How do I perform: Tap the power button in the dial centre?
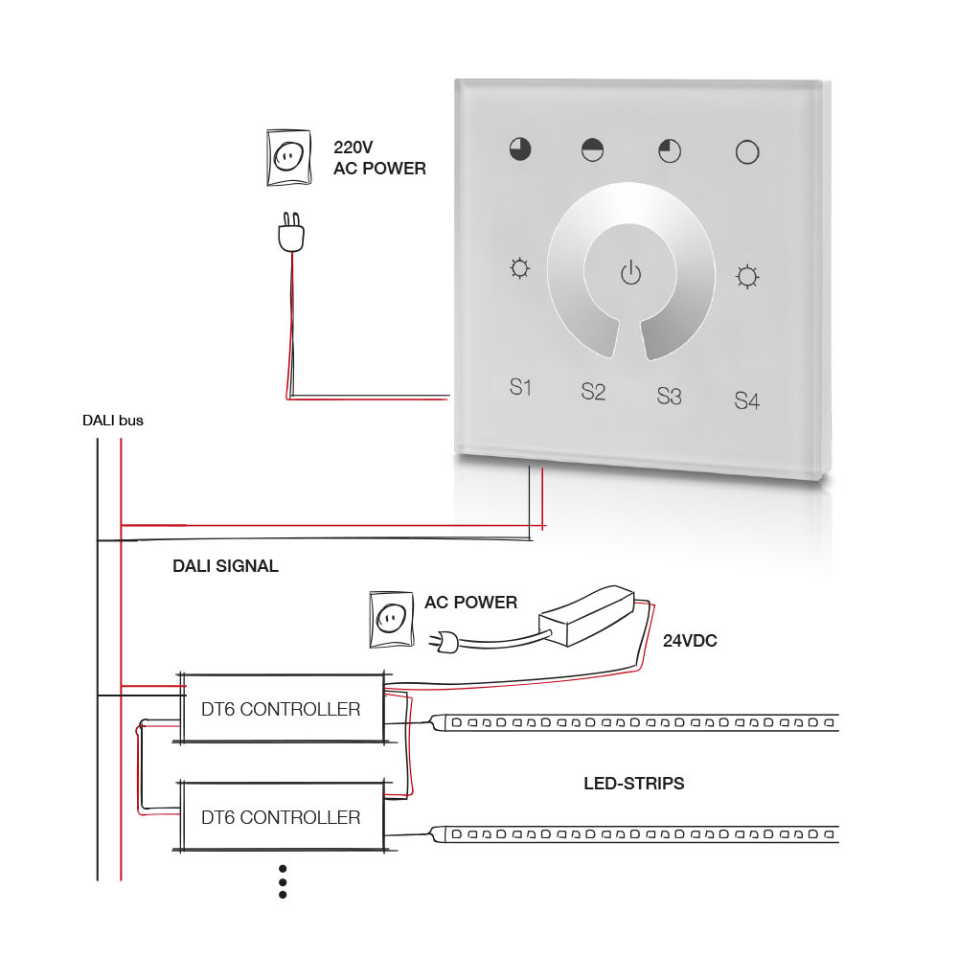click(x=629, y=273)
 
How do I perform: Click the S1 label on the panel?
click(x=520, y=388)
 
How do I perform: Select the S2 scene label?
click(x=593, y=392)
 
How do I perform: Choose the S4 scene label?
click(x=746, y=400)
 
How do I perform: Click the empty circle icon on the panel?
click(x=746, y=151)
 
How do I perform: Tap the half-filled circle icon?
click(x=593, y=148)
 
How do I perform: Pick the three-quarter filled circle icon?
click(x=520, y=148)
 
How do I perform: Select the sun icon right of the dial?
click(x=746, y=277)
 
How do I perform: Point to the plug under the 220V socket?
click(x=289, y=234)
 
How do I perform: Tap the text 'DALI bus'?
click(x=113, y=420)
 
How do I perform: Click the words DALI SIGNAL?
click(x=225, y=566)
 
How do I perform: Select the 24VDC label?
click(x=690, y=641)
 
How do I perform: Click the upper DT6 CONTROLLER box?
click(x=282, y=709)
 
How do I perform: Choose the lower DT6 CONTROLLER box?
click(x=282, y=817)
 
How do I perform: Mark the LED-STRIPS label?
click(x=634, y=784)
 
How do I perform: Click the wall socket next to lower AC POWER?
click(x=390, y=618)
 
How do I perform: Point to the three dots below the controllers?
click(x=283, y=881)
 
